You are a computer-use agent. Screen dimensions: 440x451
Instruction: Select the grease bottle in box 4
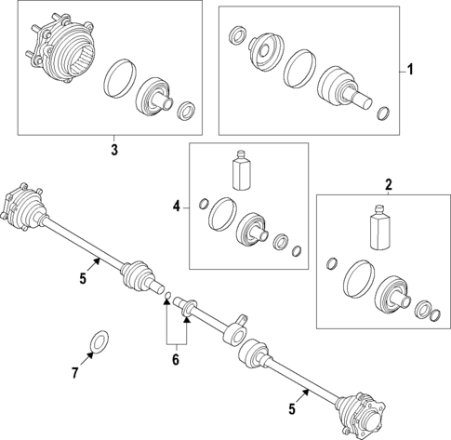pos(241,170)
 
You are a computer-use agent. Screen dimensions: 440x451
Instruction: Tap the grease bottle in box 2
pos(378,228)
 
